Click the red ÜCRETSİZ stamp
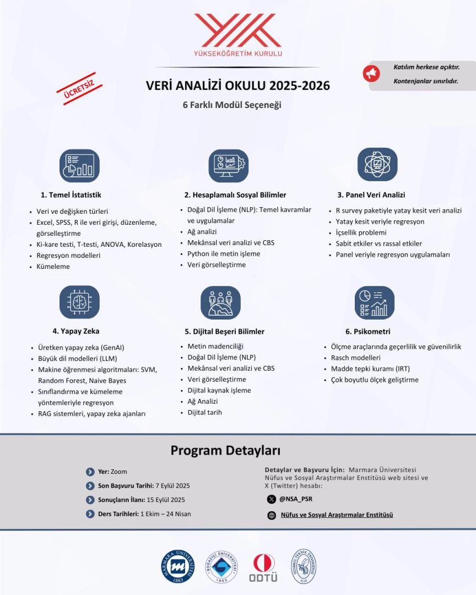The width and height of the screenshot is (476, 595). click(79, 89)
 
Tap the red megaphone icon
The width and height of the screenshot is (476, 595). click(371, 74)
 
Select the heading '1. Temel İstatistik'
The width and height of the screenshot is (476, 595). click(71, 195)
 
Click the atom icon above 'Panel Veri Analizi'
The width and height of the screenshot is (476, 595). click(377, 164)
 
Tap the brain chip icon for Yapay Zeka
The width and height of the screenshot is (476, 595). click(79, 302)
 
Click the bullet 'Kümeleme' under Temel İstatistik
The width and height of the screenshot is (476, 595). click(53, 267)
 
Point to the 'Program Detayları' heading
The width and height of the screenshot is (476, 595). click(225, 450)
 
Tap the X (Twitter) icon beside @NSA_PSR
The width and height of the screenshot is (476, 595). click(271, 499)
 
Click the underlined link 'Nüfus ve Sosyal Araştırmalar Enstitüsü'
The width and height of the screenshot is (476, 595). click(337, 515)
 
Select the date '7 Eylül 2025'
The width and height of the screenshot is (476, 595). click(173, 486)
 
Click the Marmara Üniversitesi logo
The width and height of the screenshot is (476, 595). click(178, 567)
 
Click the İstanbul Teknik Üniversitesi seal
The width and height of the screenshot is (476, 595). click(304, 566)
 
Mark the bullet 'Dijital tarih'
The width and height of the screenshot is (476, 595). click(205, 413)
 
